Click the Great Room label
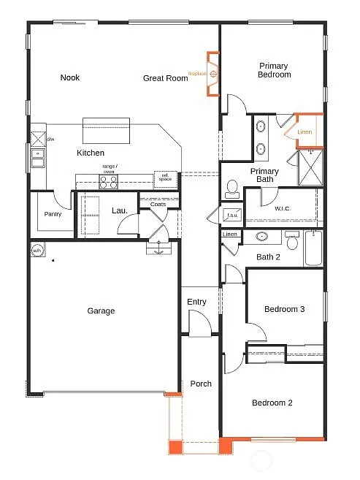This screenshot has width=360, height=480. click(x=164, y=77)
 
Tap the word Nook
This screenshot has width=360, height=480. click(x=70, y=77)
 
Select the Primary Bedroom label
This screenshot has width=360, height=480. click(x=275, y=70)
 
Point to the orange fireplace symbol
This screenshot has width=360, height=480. click(x=212, y=74)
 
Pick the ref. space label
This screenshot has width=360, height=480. click(x=165, y=178)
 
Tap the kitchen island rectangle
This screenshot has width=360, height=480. click(x=106, y=132)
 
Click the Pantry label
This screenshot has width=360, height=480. click(x=53, y=214)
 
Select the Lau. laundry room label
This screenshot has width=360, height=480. click(x=120, y=210)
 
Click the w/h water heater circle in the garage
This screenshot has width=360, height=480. click(x=37, y=250)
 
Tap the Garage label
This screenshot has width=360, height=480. click(x=101, y=311)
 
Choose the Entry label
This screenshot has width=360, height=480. click(x=196, y=302)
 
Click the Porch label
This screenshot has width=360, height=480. click(x=201, y=384)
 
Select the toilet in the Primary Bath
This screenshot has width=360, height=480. click(x=232, y=190)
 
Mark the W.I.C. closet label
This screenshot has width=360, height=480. click(x=283, y=209)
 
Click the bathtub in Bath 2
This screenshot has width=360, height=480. click(x=314, y=248)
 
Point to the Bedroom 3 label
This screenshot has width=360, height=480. click(x=284, y=309)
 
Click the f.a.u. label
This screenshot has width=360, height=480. click(x=233, y=216)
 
